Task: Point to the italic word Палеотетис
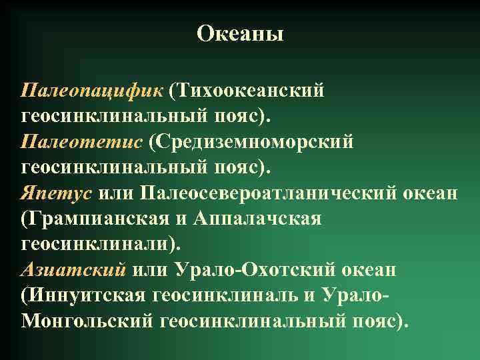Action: click(x=81, y=142)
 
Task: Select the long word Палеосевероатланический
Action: click(x=269, y=193)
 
